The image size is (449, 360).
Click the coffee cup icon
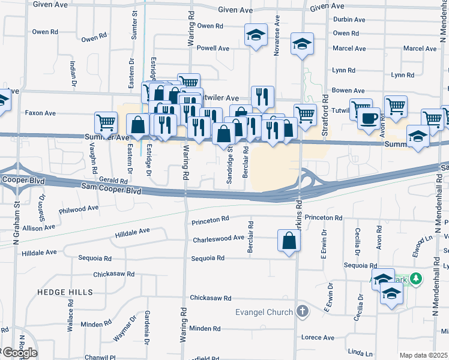coord(369,117)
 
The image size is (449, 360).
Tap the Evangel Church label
coord(264,311)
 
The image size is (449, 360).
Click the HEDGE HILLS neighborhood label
coord(65,292)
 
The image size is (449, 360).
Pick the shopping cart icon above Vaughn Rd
coord(106,122)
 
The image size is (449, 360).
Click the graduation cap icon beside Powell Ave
coord(256,35)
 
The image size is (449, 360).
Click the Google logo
coord(19,352)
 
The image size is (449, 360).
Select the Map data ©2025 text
coord(423,355)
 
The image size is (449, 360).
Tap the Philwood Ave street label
coord(78,208)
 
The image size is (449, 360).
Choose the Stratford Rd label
coord(324,109)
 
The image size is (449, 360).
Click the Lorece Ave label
coord(318,338)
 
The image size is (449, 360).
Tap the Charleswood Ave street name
coord(218,238)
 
